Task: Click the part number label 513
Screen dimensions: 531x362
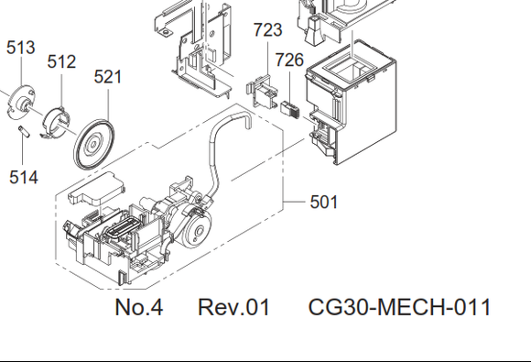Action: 21,48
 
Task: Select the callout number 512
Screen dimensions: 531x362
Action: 61,61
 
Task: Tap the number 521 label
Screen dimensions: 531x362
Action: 108,77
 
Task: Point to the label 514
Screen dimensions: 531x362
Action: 24,177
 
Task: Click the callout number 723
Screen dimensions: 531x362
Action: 268,30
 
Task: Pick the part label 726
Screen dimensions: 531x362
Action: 289,60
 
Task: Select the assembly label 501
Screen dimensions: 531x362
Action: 324,202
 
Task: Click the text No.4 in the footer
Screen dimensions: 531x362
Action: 139,307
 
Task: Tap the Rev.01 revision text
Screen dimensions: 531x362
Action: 233,307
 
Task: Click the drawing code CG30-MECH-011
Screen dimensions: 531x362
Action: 399,307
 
